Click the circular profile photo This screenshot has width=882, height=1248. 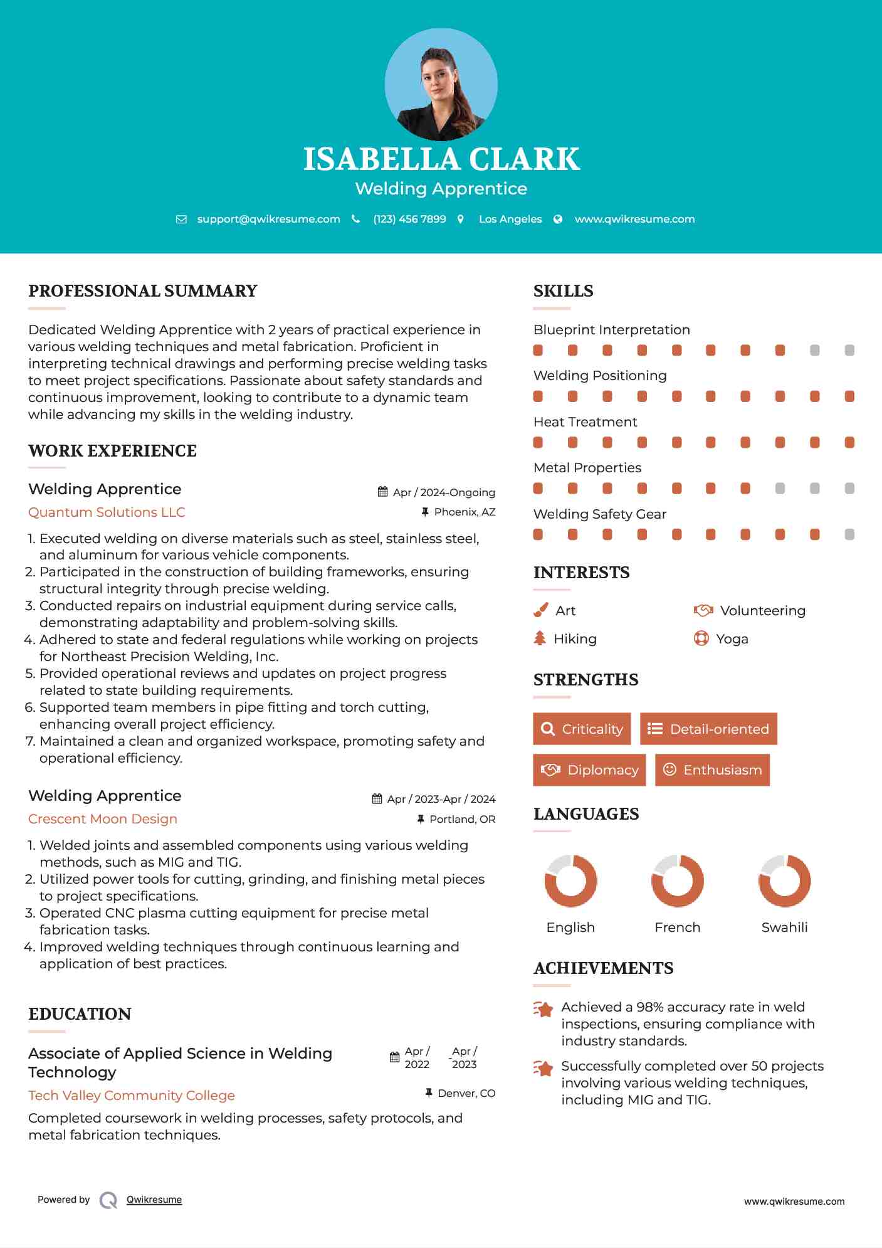(441, 84)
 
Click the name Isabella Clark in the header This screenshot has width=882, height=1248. (441, 159)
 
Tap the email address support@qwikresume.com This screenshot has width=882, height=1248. (268, 219)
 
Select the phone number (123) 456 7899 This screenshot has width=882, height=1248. (409, 219)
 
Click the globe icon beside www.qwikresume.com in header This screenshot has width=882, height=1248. (558, 219)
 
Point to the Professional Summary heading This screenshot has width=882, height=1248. (143, 291)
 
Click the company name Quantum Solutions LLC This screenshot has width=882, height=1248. (107, 512)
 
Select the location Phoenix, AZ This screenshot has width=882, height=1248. (465, 512)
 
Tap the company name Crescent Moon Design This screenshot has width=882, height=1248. (103, 819)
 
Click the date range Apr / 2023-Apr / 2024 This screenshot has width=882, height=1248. (441, 799)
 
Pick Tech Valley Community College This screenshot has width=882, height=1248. (132, 1096)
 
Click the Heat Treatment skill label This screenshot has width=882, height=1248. (585, 422)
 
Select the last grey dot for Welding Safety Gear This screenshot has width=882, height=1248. (849, 534)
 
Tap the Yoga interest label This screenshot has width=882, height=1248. (732, 639)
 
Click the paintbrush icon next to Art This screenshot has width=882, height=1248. (540, 610)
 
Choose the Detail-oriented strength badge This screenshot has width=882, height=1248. (708, 729)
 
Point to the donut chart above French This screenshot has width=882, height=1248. (678, 880)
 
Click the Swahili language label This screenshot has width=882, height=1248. (784, 928)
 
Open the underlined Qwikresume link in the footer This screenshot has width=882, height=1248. (154, 1200)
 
